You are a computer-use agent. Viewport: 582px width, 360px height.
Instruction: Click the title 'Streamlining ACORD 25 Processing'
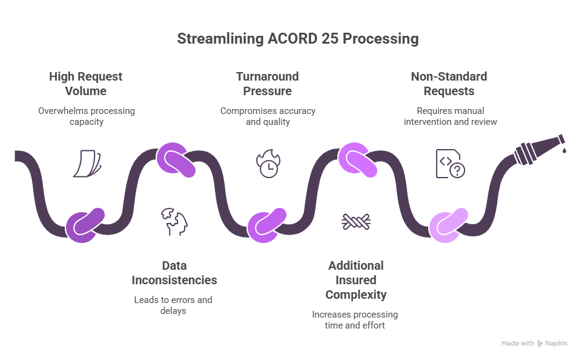297,39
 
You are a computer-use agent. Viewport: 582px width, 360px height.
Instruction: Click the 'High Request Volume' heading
86,84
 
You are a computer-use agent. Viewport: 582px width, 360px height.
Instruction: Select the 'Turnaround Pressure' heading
267,84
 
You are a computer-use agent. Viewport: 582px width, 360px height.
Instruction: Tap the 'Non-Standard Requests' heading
449,84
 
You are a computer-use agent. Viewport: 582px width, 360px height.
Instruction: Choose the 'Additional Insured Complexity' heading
355,280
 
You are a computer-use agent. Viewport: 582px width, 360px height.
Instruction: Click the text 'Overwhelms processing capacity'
86,116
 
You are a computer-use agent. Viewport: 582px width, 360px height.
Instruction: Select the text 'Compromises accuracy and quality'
267,116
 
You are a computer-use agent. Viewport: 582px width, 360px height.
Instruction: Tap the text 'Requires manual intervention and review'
449,116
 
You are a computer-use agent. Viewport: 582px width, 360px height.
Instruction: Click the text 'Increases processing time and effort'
355,320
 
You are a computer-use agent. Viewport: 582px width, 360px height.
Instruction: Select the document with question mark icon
451,164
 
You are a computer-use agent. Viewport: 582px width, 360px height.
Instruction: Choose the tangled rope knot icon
355,221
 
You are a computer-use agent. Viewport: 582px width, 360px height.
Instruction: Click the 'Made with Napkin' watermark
534,343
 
